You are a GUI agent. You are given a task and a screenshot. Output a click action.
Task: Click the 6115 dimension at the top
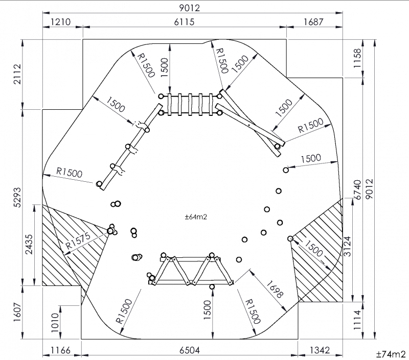click(x=184, y=21)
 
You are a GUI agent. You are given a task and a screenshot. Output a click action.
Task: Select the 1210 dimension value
click(x=60, y=21)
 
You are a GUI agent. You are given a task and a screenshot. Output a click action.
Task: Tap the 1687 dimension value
click(x=313, y=21)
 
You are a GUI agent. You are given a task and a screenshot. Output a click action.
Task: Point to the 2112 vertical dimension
click(x=17, y=74)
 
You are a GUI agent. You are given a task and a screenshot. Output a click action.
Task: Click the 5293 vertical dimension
click(x=17, y=197)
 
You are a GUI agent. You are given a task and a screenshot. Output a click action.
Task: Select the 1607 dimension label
click(x=17, y=312)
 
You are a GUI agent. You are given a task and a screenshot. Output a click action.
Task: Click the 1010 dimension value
click(x=55, y=323)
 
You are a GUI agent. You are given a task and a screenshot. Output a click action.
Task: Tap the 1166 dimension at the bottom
click(x=60, y=350)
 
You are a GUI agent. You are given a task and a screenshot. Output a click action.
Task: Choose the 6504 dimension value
click(x=190, y=350)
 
